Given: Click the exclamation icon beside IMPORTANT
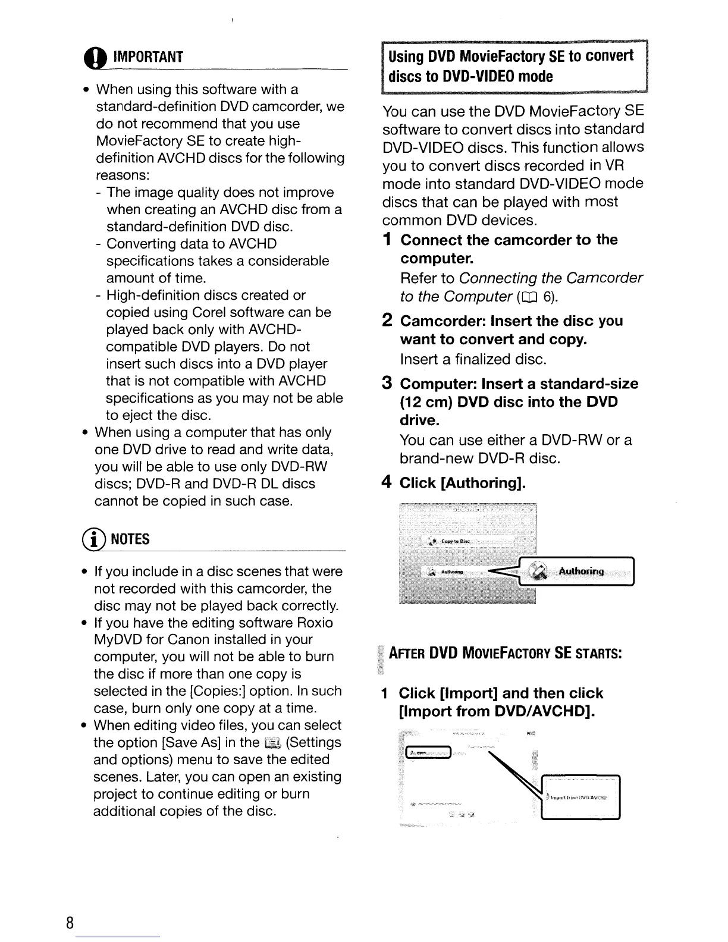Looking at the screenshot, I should pos(100,58).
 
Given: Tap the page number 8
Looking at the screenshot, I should pos(70,923).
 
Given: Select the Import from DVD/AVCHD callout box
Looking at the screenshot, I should pos(580,798).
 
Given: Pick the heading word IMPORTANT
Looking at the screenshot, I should pos(148,57).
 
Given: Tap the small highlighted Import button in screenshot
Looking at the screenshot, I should pos(428,752).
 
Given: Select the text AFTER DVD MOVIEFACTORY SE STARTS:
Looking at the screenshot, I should pos(506,654).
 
